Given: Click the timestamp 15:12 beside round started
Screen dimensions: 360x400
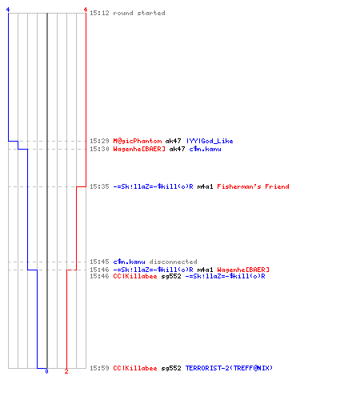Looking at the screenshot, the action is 99,13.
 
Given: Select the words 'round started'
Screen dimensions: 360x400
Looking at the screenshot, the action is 139,13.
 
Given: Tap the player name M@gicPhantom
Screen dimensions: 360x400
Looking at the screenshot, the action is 138,141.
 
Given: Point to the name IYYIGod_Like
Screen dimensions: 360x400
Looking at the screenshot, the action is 210,141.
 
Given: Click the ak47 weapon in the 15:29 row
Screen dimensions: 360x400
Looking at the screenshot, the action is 174,141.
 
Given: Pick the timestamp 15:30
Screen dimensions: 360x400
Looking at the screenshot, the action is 99,149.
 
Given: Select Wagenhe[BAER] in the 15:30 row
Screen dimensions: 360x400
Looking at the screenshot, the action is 139,149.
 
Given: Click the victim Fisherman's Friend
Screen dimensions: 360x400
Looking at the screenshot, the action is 253,186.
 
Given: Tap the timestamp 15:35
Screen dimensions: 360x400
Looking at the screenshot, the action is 99,186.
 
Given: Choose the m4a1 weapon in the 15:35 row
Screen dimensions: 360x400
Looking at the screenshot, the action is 205,186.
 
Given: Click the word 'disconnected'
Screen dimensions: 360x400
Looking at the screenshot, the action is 173,262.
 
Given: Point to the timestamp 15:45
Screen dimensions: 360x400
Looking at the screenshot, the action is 99,262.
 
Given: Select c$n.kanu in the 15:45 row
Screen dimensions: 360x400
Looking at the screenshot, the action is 129,262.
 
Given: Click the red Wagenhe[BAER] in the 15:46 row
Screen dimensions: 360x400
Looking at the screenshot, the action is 243,270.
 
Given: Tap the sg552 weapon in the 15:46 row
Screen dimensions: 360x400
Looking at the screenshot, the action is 171,276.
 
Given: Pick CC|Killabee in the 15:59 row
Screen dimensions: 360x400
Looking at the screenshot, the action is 135,368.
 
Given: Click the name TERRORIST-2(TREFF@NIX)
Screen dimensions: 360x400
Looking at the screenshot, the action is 229,368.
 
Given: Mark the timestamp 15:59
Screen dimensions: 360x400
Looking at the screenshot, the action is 99,368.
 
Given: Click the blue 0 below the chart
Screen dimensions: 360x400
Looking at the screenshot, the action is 46,371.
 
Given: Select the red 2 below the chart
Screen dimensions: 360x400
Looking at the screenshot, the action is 66,371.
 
